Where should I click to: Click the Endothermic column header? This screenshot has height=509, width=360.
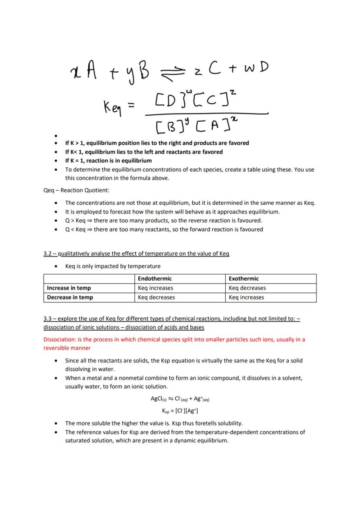[x=154, y=279]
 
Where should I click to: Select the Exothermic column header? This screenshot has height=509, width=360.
[x=243, y=279]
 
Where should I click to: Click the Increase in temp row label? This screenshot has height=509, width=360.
[x=69, y=288]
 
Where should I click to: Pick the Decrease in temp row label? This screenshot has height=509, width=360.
[x=70, y=298]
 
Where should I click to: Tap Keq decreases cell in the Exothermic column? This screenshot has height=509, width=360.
[x=247, y=288]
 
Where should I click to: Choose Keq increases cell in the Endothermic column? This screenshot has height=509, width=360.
[x=155, y=288]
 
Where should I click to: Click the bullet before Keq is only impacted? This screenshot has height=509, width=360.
[x=56, y=266]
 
